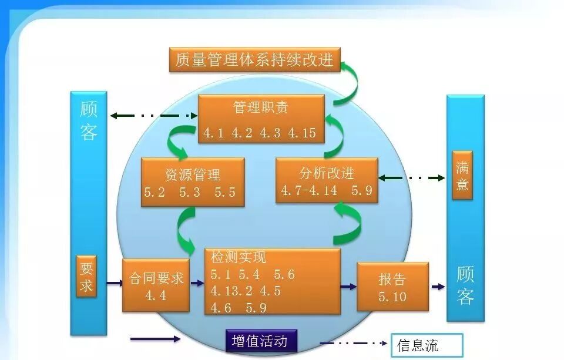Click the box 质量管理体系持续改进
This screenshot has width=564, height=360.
(x=255, y=59)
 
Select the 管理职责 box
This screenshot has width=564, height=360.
(x=261, y=119)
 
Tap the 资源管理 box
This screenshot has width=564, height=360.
(x=193, y=182)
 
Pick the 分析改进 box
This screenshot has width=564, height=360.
(x=327, y=181)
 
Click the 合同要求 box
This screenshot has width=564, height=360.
(x=156, y=285)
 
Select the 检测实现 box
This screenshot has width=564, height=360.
(x=272, y=281)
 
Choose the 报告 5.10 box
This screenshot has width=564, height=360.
(x=392, y=287)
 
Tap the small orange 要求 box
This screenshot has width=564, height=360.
(x=86, y=276)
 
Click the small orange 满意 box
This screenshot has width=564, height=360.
(x=462, y=175)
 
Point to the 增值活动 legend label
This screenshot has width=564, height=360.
(x=260, y=341)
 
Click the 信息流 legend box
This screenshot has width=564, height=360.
(x=427, y=345)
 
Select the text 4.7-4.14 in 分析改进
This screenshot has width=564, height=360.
(x=309, y=190)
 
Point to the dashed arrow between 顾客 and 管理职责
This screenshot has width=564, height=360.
(x=153, y=116)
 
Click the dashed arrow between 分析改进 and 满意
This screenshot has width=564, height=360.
(x=411, y=177)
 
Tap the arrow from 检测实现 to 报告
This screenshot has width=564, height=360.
(x=348, y=287)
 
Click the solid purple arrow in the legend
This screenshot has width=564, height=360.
(x=156, y=339)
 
